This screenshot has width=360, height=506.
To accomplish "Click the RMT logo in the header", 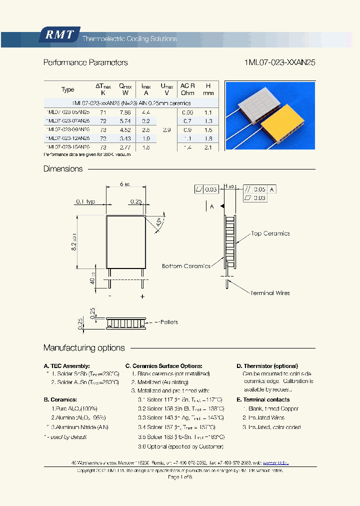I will (x=59, y=35).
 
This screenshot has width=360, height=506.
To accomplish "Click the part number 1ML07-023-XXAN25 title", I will (x=279, y=63).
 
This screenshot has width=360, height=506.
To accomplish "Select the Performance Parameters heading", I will (x=85, y=63).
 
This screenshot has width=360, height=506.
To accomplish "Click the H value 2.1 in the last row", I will (x=208, y=147).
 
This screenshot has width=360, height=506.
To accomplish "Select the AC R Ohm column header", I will (x=187, y=89).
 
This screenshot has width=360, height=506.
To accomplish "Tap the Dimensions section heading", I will (x=63, y=169).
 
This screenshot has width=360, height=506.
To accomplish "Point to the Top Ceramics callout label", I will (x=270, y=233).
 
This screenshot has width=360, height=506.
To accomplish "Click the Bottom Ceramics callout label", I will (x=186, y=266).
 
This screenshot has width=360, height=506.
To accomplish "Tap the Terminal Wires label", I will (x=270, y=293).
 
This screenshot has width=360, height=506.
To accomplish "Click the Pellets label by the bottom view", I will (x=166, y=322).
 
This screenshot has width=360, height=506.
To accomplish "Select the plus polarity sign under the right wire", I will (x=142, y=297).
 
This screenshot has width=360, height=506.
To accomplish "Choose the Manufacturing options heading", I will (x=84, y=348).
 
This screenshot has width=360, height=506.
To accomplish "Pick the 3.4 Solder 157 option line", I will (x=177, y=427).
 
